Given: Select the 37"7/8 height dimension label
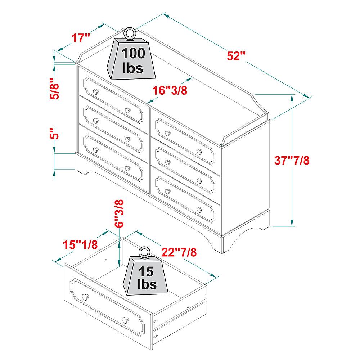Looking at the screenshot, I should coord(292,160).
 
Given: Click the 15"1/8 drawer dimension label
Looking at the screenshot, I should coord(80,245).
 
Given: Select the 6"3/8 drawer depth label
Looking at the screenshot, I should coord(120,213).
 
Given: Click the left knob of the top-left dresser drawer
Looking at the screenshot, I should coord(95,91).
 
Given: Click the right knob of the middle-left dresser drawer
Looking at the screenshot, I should coord(127,139).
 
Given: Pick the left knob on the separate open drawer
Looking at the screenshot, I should coord(85,297).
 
